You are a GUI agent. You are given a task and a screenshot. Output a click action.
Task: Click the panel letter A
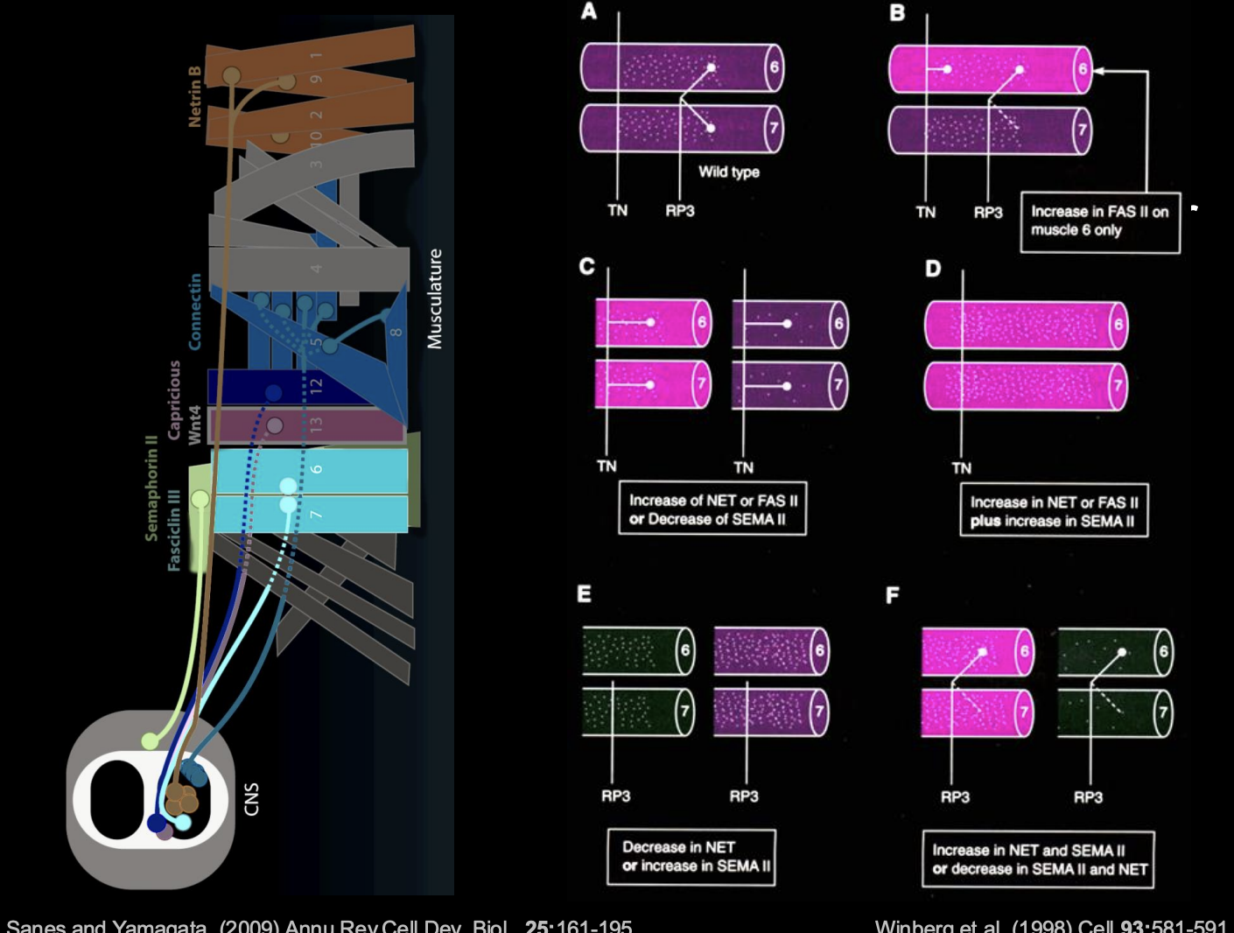point(589,11)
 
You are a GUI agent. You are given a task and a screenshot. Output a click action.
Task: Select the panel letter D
point(933,268)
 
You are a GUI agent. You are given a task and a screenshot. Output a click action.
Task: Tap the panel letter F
point(893,595)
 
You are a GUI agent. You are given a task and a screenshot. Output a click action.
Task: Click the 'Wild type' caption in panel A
point(728,172)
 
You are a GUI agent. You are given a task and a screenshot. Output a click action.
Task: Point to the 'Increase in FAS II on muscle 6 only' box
point(1099,221)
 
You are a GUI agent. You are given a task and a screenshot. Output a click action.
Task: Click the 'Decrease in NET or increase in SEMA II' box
point(691,857)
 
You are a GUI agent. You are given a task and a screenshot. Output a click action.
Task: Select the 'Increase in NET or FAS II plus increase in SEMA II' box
point(1054,511)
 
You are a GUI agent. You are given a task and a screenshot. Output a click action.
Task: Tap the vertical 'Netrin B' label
point(194,96)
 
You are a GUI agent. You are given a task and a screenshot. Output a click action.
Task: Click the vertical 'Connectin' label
point(194,312)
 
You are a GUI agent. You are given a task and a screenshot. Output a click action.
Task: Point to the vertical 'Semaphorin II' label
point(151,488)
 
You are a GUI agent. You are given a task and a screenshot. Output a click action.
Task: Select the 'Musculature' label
point(435,299)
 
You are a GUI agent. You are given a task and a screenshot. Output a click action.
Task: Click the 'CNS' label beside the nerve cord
point(252,799)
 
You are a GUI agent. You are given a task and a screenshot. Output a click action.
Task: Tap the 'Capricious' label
point(174,400)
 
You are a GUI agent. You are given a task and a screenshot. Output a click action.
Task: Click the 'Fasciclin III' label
point(173,530)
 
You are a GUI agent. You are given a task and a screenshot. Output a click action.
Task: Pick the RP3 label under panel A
point(679,210)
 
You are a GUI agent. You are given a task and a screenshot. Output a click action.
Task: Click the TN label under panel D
point(961,468)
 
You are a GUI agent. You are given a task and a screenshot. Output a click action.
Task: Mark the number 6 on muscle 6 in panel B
point(1083,69)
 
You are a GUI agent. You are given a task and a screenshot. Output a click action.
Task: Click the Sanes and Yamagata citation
point(319,925)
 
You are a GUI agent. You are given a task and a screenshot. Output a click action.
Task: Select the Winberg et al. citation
point(1050,925)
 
